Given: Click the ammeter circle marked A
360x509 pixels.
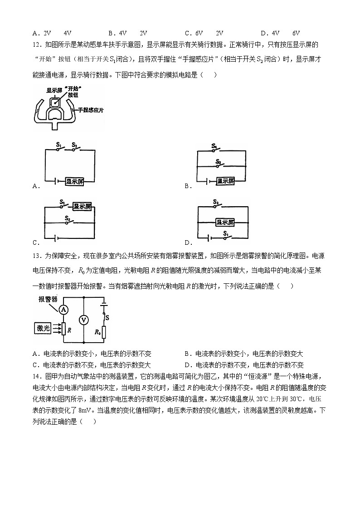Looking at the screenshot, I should tap(64, 309).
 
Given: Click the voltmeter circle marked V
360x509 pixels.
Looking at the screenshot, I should tap(83, 320).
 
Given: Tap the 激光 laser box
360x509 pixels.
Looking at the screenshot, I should tap(44, 328).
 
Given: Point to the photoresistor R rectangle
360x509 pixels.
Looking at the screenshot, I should tap(64, 329).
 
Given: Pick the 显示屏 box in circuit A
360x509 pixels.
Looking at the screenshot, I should tap(74, 181).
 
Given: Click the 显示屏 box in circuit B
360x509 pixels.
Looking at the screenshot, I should tap(225, 181).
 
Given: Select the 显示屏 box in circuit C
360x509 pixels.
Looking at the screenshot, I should tap(83, 206).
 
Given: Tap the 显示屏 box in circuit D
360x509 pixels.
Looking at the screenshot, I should tap(225, 222).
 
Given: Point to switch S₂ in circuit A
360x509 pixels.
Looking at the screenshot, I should tap(73, 148).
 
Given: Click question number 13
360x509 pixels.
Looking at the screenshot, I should tap(37, 256).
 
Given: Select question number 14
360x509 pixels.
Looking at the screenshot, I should tap(37, 376).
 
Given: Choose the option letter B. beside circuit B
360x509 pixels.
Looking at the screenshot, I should tap(187, 186).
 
